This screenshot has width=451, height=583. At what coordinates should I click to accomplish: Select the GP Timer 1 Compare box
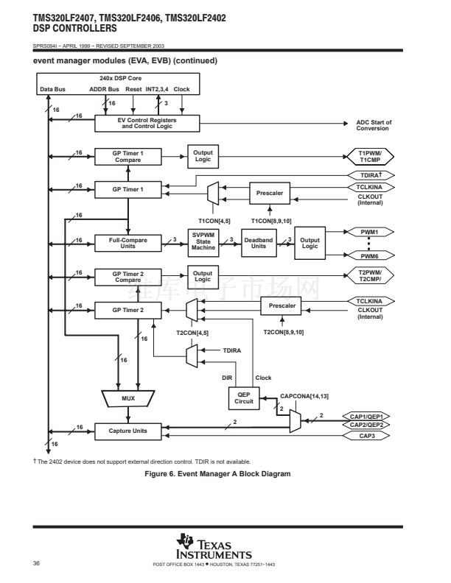pos(127,155)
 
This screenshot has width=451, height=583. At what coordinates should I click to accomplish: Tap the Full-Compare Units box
pos(127,242)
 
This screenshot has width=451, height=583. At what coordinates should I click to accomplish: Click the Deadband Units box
pos(259,242)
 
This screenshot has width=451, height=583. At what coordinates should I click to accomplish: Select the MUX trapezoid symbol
pos(128,398)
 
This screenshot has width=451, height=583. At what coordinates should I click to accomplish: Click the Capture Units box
pos(127,430)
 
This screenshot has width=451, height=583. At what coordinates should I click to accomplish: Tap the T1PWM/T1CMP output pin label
pos(368,155)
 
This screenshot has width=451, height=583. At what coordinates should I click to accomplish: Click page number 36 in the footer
pos(36,563)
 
